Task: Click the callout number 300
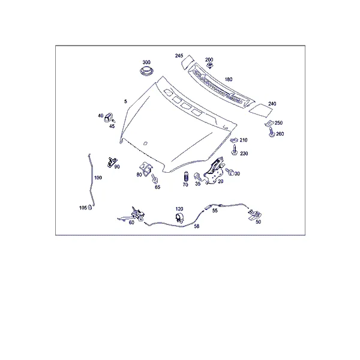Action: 146,62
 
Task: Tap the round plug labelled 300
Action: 146,71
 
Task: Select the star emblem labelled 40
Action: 109,118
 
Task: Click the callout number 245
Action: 179,56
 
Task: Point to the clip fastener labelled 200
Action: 209,65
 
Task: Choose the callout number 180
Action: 229,79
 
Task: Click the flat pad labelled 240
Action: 260,109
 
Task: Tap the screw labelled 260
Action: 272,132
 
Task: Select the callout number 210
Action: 244,140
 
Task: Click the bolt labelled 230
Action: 235,150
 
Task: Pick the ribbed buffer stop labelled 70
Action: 185,176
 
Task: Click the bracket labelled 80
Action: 146,169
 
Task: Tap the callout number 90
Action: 117,167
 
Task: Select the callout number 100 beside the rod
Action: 98,178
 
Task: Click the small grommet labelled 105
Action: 90,207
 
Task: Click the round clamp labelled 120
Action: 179,217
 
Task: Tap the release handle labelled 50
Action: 254,215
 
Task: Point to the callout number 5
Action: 125,101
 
